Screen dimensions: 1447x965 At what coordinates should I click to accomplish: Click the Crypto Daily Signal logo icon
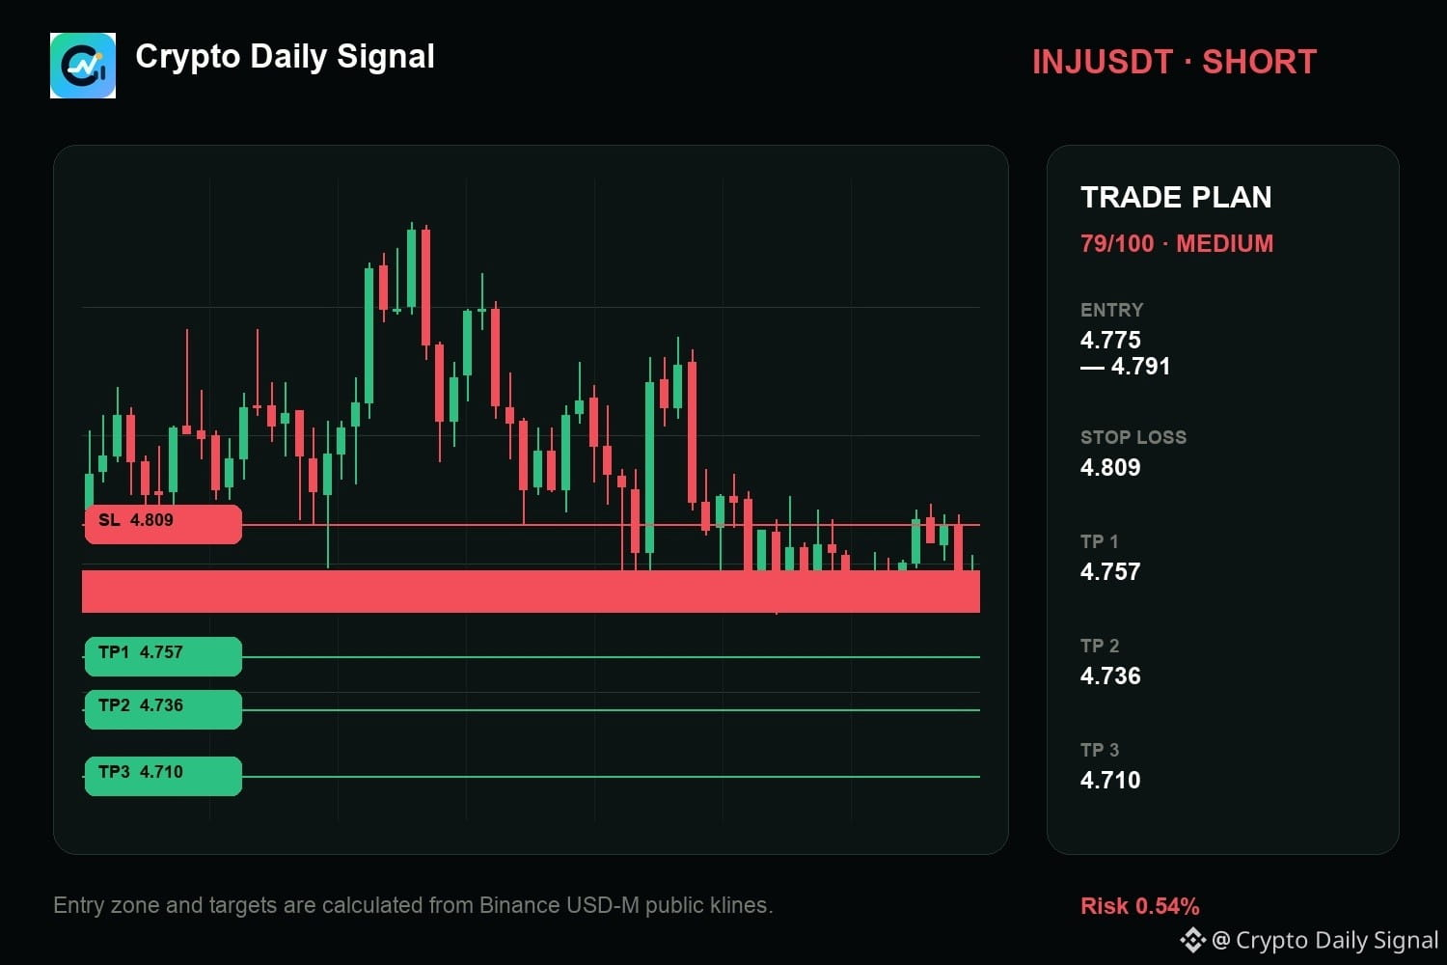click(x=83, y=66)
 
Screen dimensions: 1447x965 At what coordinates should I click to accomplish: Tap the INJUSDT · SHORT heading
click(x=1174, y=63)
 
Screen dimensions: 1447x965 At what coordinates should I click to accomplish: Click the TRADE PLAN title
click(x=1176, y=197)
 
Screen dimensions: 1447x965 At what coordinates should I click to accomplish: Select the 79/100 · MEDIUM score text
click(x=1176, y=244)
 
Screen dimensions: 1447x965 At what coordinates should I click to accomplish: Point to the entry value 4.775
click(x=1110, y=340)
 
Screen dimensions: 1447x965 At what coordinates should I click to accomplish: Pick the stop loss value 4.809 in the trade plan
click(x=1110, y=467)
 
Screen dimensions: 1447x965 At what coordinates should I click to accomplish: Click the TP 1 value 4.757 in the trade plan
click(x=1110, y=571)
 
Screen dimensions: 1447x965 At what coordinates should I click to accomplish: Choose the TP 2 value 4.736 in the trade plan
click(x=1110, y=676)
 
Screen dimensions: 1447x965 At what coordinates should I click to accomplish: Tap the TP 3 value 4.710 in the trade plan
click(x=1110, y=780)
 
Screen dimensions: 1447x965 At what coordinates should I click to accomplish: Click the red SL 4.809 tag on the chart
click(x=163, y=524)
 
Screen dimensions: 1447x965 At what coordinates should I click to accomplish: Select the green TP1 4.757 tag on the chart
click(x=163, y=657)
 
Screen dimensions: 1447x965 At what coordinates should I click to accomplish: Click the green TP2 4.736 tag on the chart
click(x=163, y=709)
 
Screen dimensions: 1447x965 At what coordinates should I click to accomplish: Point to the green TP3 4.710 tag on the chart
click(x=163, y=776)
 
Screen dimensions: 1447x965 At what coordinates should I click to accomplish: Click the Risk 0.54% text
click(x=1139, y=906)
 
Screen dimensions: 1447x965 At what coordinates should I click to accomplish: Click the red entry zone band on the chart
click(x=531, y=592)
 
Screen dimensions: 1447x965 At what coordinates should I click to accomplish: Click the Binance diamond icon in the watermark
click(x=1193, y=941)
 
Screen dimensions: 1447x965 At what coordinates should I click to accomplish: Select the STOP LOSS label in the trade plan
click(x=1133, y=437)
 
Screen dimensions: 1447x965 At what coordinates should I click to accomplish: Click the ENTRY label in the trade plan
click(x=1111, y=311)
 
